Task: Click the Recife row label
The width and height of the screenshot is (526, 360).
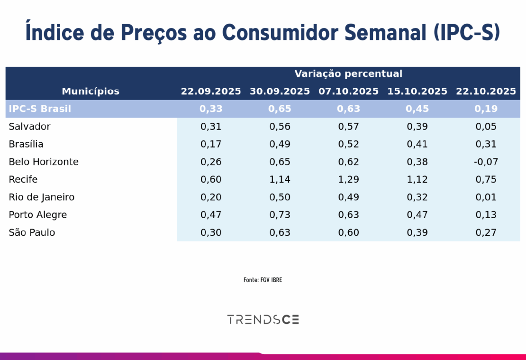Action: [x=23, y=180]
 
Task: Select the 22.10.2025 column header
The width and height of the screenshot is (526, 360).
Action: [x=486, y=92]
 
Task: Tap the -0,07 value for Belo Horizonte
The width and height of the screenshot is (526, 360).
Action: [x=486, y=162]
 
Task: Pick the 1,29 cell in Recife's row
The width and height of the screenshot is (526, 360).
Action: [x=348, y=180]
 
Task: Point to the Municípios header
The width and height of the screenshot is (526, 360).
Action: [x=91, y=92]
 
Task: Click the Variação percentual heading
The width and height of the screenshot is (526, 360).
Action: [x=348, y=74]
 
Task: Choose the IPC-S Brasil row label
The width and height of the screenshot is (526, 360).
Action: [x=40, y=109]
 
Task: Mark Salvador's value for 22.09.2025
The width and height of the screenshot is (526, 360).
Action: [x=211, y=127]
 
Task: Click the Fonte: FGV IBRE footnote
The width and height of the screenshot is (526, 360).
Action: [x=263, y=280]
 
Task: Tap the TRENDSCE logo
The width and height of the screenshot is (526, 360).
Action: [x=263, y=319]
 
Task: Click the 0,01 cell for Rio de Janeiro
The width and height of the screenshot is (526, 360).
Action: [x=486, y=197]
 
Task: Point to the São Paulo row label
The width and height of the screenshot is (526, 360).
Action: [x=32, y=233]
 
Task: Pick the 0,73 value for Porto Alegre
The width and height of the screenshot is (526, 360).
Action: [x=280, y=215]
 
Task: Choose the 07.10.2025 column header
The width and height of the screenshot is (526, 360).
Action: [x=348, y=92]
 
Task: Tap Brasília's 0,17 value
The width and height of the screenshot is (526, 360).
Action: [x=211, y=144]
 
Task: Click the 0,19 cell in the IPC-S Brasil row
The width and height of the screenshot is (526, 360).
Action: [x=486, y=109]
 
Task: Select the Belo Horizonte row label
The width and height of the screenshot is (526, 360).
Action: [x=44, y=162]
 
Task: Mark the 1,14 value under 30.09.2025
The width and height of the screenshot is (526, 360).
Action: [x=280, y=180]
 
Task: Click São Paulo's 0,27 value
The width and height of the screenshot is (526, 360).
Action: [x=486, y=233]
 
